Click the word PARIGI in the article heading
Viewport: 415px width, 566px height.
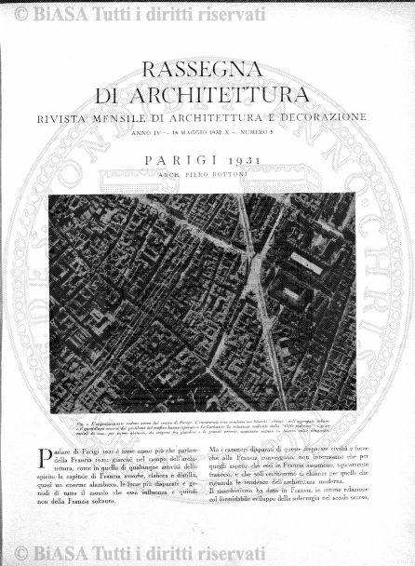(x=182, y=161)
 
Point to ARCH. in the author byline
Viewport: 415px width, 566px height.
(x=167, y=174)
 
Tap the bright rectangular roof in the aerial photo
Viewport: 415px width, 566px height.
(x=305, y=263)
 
